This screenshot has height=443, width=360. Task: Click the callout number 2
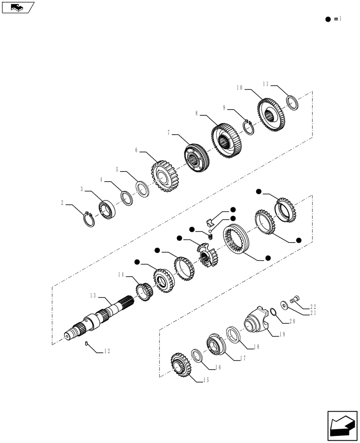pos(62,202)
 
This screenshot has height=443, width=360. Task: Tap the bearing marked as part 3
pos(106,209)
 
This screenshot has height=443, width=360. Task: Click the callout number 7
pos(169,132)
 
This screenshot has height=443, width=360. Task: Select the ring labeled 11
pos(293,102)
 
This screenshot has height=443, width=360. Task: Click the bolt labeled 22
pos(294,301)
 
